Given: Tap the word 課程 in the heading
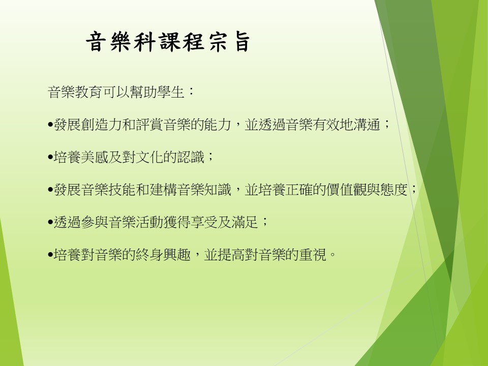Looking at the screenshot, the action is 182,42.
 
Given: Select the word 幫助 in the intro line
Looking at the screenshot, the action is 143,92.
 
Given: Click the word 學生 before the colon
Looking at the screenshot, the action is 171,92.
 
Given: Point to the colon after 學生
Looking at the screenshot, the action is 191,91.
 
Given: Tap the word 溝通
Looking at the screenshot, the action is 367,125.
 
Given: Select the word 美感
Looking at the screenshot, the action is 95,157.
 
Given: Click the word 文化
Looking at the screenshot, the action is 149,157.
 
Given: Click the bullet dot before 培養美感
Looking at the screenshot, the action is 50,157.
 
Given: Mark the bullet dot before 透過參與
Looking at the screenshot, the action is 50,222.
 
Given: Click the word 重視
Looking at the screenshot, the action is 313,255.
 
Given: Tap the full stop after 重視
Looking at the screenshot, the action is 332,256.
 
